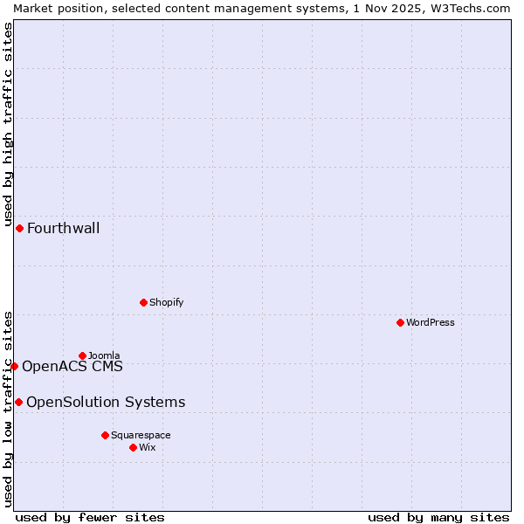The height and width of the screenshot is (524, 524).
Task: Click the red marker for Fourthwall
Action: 19,228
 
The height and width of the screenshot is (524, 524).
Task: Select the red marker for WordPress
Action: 400,322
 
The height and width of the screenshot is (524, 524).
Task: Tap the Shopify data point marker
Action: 143,302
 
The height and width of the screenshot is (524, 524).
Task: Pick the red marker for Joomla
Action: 82,355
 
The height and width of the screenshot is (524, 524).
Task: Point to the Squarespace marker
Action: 105,435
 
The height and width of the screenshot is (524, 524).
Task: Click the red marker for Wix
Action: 133,447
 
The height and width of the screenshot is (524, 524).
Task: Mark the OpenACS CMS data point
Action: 14,366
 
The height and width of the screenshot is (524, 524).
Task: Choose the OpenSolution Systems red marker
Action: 18,402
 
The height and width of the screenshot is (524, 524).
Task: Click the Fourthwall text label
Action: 63,229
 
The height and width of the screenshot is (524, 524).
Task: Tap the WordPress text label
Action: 431,322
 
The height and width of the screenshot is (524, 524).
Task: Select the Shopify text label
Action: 166,302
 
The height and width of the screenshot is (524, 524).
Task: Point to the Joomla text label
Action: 104,355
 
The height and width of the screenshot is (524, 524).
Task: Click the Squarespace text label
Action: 141,435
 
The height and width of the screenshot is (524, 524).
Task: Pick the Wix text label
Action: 147,447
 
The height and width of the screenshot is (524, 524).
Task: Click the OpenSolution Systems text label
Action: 106,403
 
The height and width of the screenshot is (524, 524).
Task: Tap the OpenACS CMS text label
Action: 72,367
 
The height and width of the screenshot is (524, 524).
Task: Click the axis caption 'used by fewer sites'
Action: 90,517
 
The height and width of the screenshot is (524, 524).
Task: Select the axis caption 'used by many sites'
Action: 438,517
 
